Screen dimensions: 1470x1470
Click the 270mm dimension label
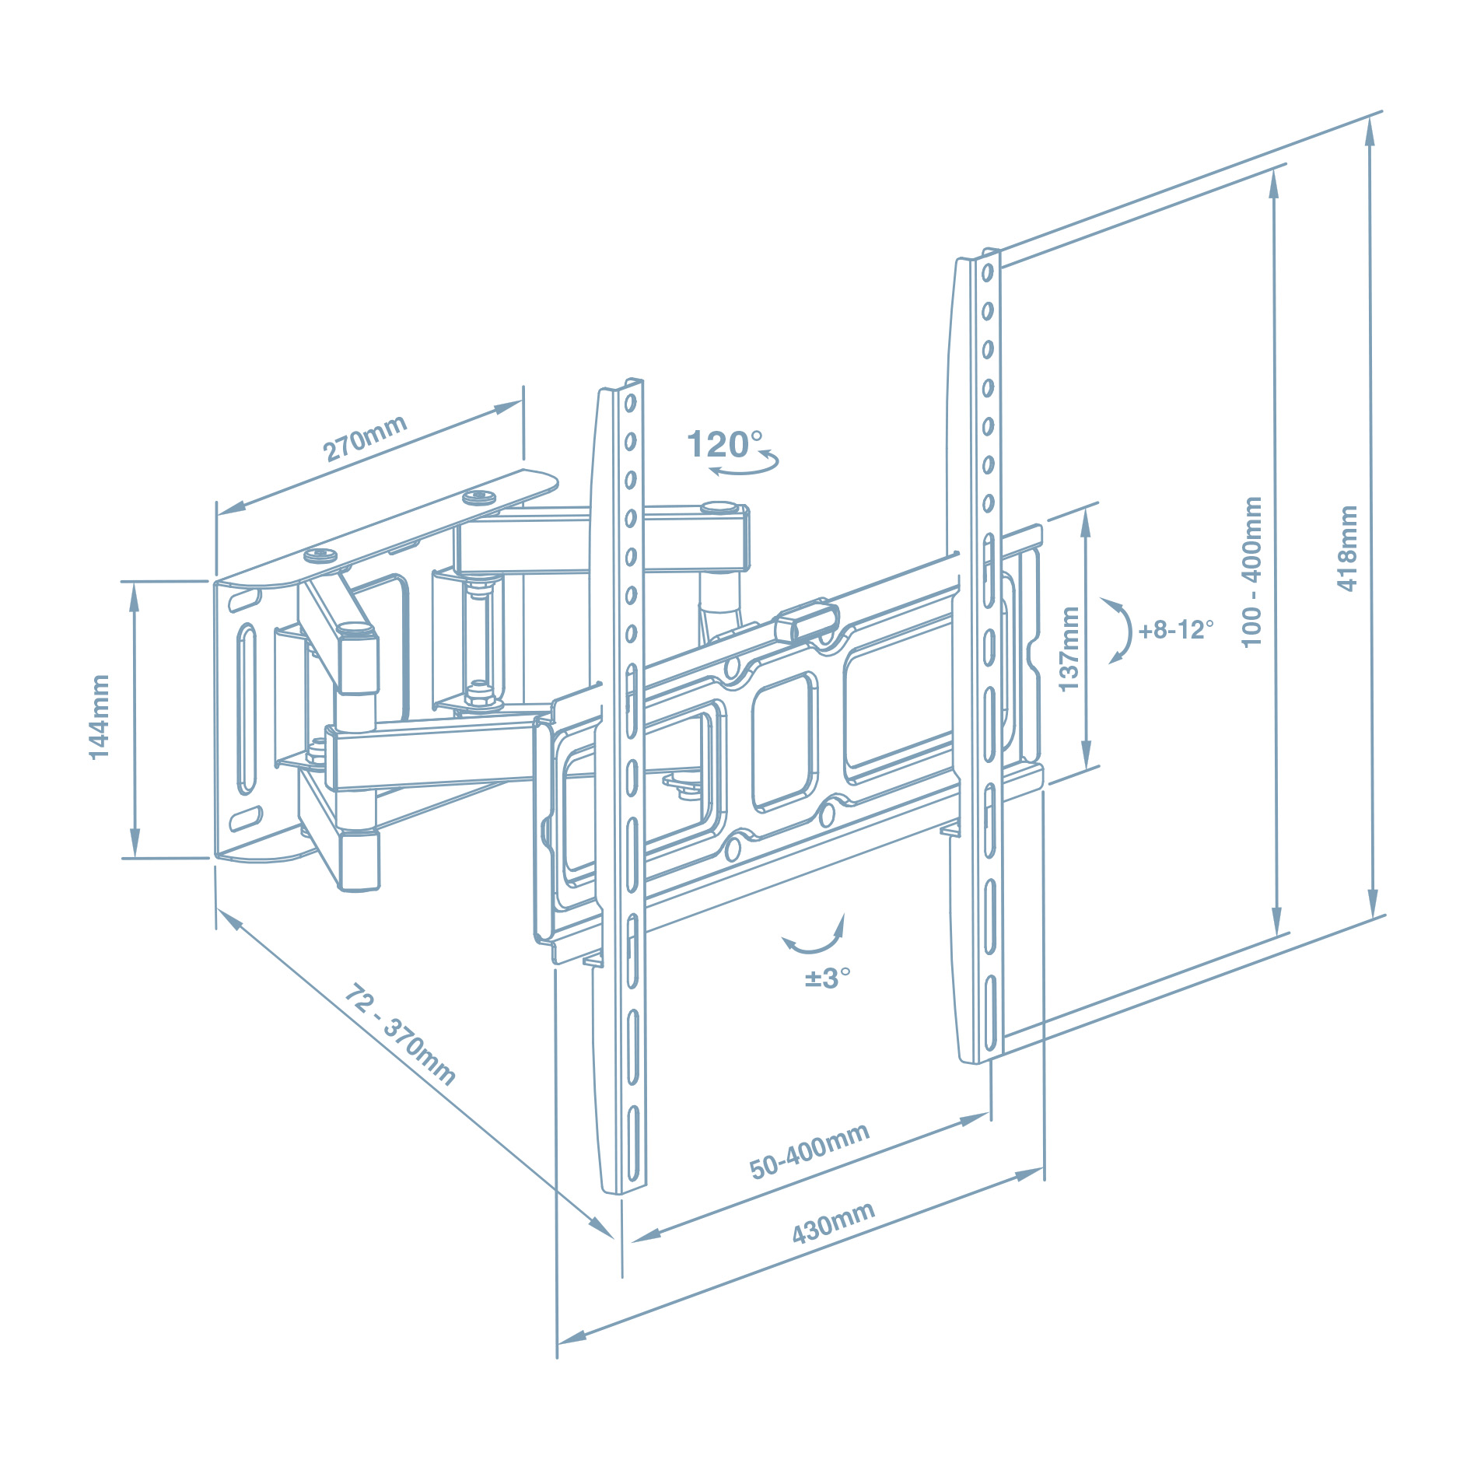point(364,439)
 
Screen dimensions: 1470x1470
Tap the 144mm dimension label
point(100,717)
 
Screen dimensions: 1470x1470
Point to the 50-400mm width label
point(809,1152)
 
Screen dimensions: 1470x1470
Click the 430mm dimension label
point(833,1223)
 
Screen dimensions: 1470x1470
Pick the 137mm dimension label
point(1069,649)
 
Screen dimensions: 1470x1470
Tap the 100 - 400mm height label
point(1251,572)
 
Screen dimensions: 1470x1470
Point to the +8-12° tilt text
point(1176,629)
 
